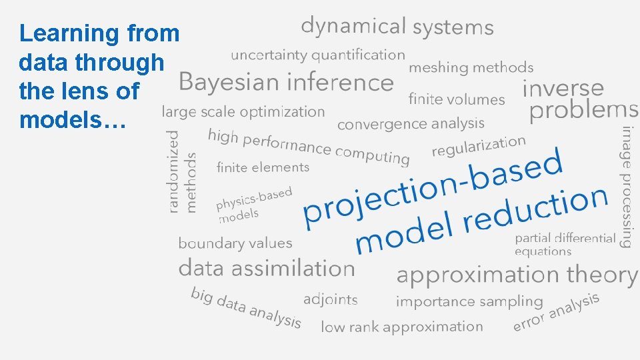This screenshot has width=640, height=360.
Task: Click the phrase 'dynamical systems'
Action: pos(397,27)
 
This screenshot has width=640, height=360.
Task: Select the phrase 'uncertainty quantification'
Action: pos(318,55)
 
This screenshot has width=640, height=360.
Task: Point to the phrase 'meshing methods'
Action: pos(471,67)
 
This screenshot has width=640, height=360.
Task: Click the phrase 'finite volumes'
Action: pos(457,100)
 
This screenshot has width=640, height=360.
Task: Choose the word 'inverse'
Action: pos(563,88)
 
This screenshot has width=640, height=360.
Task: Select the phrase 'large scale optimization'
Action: pos(243,112)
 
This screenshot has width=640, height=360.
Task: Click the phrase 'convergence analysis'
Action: pos(411,124)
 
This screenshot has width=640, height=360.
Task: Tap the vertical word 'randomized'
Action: pos(174,171)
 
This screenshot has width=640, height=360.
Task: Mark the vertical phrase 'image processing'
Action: pos(627,187)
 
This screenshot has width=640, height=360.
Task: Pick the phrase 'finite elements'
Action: pos(263,167)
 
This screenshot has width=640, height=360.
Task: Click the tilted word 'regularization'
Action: pos(479,147)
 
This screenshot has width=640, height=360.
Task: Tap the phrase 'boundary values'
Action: pos(235,243)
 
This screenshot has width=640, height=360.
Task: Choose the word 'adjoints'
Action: pos(331,299)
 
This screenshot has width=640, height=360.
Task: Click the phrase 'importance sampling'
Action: pos(469,302)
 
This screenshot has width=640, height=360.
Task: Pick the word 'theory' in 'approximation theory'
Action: pos(602,275)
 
